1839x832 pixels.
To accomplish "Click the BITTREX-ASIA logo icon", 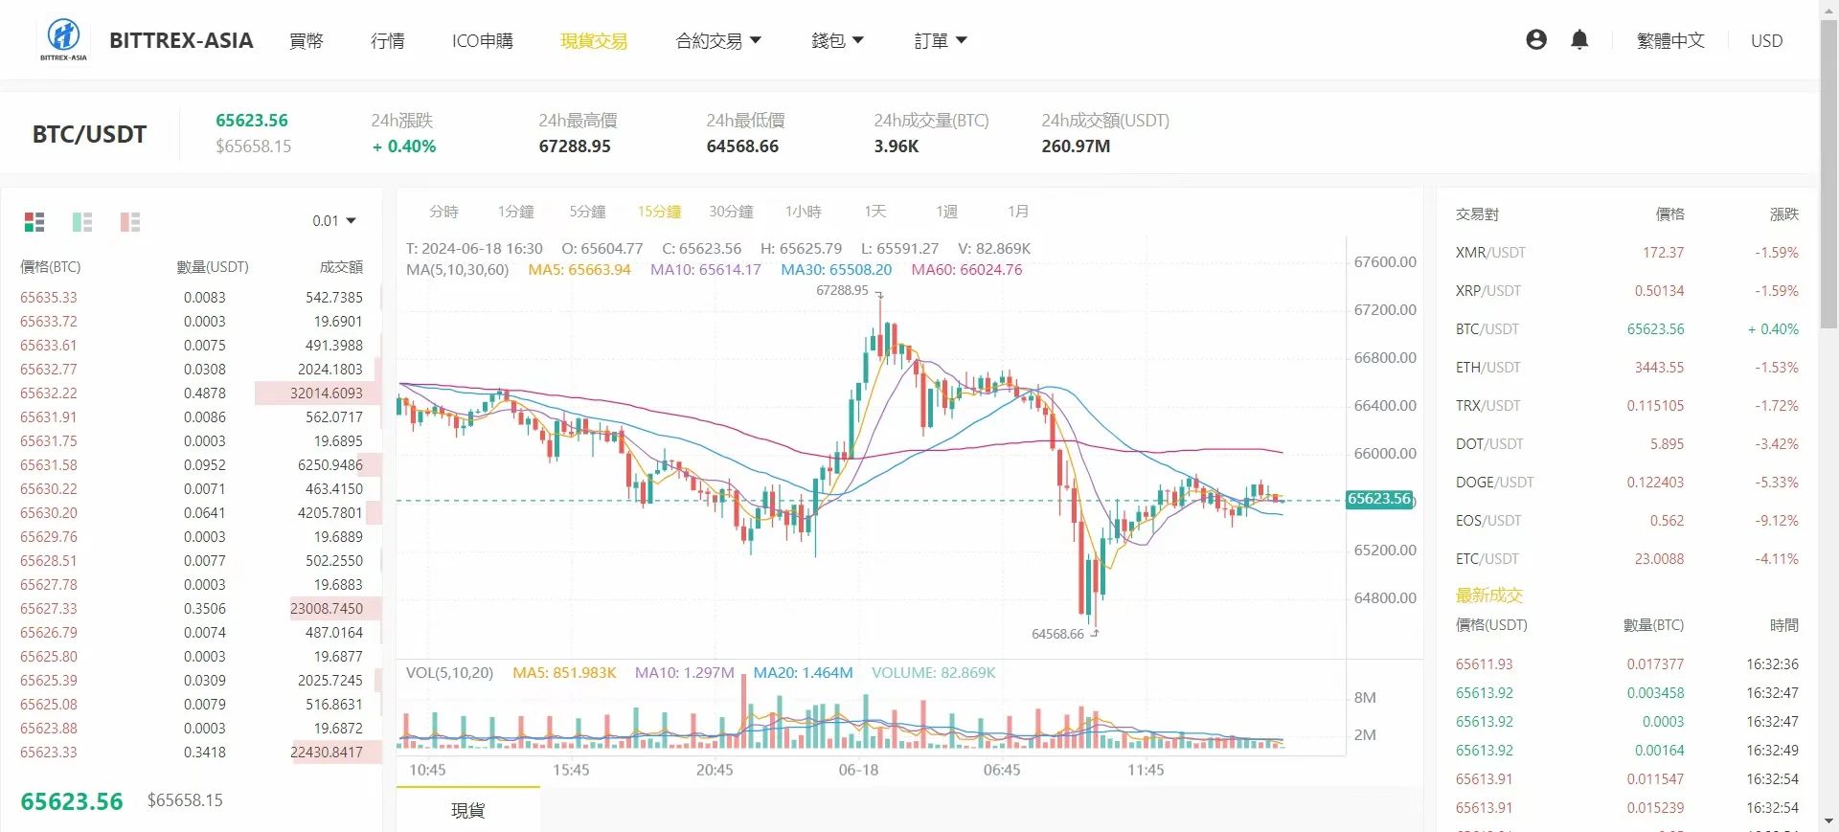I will [x=63, y=37].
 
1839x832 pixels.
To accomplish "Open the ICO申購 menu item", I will [x=482, y=41].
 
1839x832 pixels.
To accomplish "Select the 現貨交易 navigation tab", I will [x=594, y=41].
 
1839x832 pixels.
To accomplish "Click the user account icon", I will [x=1536, y=39].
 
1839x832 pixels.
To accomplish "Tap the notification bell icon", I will [x=1579, y=39].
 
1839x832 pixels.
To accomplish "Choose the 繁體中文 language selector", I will [x=1670, y=41].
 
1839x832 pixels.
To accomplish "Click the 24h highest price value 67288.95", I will [x=575, y=146].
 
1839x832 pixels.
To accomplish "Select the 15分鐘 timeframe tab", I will [x=659, y=212].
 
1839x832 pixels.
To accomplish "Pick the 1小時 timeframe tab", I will [x=803, y=212].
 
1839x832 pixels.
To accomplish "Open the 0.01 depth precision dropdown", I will [x=333, y=221].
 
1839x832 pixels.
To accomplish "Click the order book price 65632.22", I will [x=49, y=394].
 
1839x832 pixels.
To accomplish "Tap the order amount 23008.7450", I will [x=327, y=609].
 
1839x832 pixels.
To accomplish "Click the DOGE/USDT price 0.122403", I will [x=1654, y=483].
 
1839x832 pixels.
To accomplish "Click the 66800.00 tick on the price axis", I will [x=1384, y=358].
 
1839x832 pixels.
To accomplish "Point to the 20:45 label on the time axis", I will [x=715, y=770].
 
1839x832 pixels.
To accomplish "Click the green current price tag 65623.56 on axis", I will [x=1379, y=499].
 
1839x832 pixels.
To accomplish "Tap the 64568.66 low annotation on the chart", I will [x=1057, y=634].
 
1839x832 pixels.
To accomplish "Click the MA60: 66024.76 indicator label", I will [x=966, y=270].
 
